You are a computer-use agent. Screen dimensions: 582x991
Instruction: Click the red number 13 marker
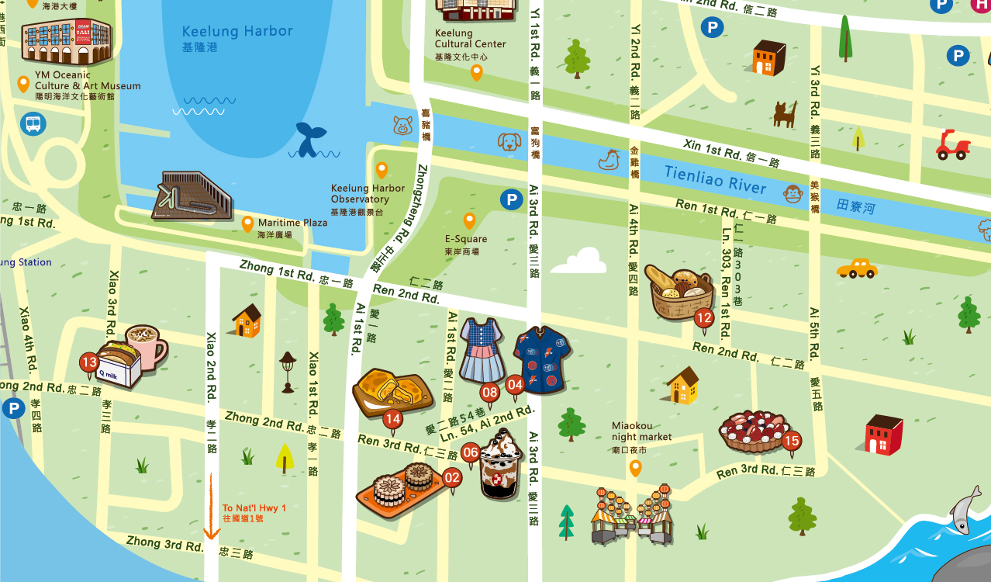tap(89, 362)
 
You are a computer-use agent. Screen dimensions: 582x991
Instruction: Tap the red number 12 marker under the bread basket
tap(703, 317)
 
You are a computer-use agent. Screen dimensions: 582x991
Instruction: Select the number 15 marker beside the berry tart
tap(791, 441)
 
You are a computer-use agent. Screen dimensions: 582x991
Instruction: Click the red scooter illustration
tap(952, 145)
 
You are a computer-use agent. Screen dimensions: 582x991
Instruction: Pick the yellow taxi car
tap(857, 268)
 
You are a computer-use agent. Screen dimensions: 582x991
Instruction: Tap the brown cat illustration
tap(785, 114)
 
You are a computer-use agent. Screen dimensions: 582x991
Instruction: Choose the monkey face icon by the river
tap(792, 193)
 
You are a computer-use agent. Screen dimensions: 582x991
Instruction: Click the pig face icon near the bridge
tap(402, 125)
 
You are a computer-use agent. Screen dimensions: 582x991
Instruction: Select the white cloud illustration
tap(580, 261)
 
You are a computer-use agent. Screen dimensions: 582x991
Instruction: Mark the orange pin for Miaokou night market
tap(635, 468)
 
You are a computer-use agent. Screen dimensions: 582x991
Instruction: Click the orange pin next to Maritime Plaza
tap(247, 224)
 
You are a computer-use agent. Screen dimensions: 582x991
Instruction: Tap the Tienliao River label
tap(714, 180)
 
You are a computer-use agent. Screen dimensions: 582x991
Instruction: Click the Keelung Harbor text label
tap(237, 32)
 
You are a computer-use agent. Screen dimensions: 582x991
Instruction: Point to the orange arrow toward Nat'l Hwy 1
tap(210, 504)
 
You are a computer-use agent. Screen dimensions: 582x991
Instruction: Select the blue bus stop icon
tap(33, 123)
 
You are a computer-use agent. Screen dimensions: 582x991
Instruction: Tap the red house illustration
tap(884, 435)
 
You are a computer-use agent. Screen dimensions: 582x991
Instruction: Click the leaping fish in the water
tap(964, 508)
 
